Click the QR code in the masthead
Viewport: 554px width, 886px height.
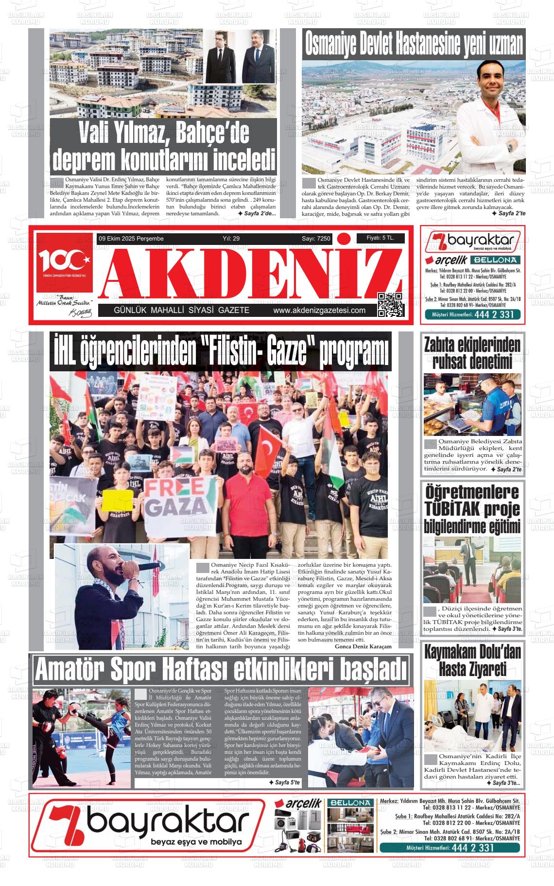coord(390,305)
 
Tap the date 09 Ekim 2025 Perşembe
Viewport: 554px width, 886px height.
coord(131,239)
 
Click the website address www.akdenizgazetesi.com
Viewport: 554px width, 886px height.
coord(319,311)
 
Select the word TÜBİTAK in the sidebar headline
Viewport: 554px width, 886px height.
coord(452,509)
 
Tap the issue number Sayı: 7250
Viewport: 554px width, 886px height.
coord(316,239)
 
